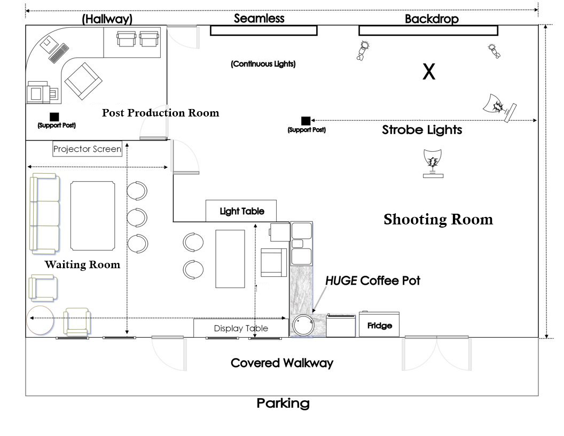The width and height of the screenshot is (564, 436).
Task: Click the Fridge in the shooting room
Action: click(x=379, y=324)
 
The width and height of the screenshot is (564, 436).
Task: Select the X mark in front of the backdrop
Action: click(x=429, y=72)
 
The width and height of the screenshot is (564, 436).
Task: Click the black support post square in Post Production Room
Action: click(x=54, y=116)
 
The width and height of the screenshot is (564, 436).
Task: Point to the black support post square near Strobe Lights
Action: click(x=305, y=121)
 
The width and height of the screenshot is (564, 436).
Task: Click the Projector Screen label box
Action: click(x=87, y=149)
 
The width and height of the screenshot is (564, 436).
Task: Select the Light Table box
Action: click(x=242, y=211)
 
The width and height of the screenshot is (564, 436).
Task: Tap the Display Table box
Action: click(x=241, y=328)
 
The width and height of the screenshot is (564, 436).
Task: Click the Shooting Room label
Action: click(x=438, y=220)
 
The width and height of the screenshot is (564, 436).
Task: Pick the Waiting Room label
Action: click(x=82, y=264)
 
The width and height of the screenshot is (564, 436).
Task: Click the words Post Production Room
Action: click(x=160, y=113)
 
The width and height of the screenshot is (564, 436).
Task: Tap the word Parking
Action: click(x=283, y=403)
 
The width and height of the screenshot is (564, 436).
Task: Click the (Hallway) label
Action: click(x=107, y=19)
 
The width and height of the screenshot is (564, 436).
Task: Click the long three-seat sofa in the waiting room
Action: click(x=44, y=213)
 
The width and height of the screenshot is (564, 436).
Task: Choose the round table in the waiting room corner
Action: click(x=40, y=320)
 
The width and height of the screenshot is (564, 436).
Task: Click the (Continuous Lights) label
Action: click(x=263, y=64)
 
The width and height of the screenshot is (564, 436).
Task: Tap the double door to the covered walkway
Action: click(x=437, y=353)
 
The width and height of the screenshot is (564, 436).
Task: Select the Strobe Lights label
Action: click(x=422, y=130)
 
